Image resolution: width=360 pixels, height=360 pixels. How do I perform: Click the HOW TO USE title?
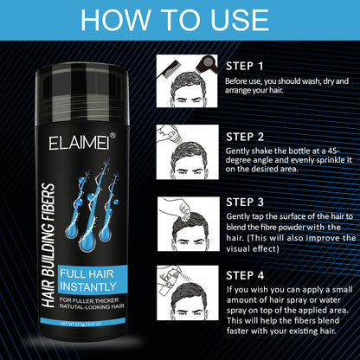click(x=180, y=21)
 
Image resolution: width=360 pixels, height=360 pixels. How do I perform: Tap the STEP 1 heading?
click(x=244, y=65)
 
